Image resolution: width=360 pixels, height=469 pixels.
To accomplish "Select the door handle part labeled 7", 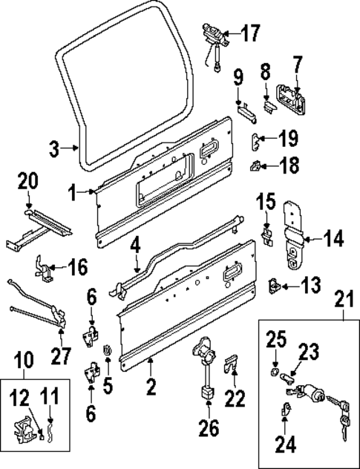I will tap(290, 99).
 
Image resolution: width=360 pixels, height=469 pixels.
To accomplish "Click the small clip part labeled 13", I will tap(272, 285).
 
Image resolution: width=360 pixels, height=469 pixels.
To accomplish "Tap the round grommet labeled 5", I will tap(105, 349).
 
